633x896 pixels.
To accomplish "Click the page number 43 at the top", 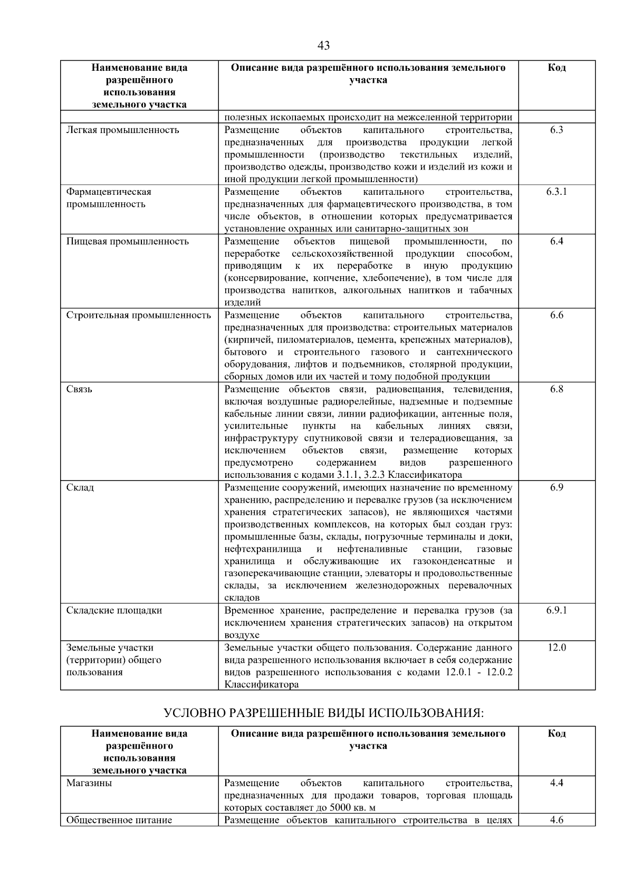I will click(323, 46).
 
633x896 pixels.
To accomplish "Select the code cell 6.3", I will click(557, 130).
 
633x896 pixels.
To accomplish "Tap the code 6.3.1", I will click(557, 192).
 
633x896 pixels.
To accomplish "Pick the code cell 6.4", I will click(557, 241).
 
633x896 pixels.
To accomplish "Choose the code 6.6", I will click(557, 315).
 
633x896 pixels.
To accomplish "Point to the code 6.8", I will click(557, 389).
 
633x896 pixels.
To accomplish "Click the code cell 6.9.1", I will click(557, 610).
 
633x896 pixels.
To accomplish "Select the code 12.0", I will click(557, 647).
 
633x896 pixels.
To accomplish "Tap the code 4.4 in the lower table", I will click(557, 783).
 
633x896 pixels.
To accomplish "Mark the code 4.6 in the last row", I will click(557, 820).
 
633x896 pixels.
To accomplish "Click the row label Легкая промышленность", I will click(122, 130).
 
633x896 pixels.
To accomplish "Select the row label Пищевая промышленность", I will click(127, 241).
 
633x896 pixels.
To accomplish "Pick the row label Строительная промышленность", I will click(138, 315).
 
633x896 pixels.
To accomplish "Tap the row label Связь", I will click(79, 389).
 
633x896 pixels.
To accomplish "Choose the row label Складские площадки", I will click(114, 610).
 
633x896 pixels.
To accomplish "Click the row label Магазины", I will click(89, 783).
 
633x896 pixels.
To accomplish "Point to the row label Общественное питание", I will click(119, 820).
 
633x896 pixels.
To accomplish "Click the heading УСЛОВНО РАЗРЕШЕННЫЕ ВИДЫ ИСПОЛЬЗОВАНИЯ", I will click(323, 713).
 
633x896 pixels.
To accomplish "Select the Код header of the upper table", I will click(557, 68).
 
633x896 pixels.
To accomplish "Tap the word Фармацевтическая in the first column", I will click(109, 192).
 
